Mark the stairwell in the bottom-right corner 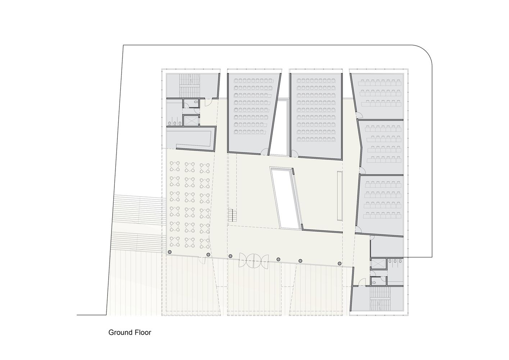[x=380, y=298]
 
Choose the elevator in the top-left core [x=191, y=121]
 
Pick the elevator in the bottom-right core [x=378, y=264]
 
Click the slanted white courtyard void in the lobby [x=286, y=198]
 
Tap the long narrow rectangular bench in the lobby [x=340, y=196]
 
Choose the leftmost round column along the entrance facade [x=169, y=252]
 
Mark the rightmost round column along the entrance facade [x=340, y=264]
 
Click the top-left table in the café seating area [x=174, y=166]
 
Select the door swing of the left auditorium [x=264, y=152]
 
